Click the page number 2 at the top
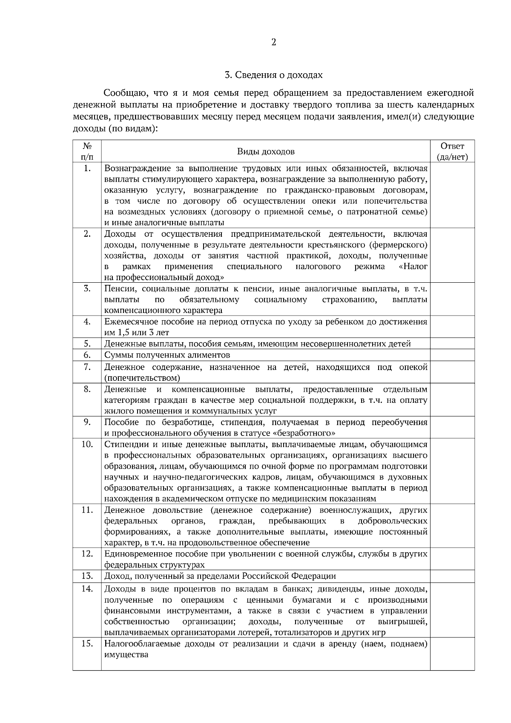pyautogui.click(x=273, y=42)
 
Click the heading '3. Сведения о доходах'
pyautogui.click(x=273, y=75)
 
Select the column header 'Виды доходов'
pyautogui.click(x=266, y=152)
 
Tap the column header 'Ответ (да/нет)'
pyautogui.click(x=452, y=152)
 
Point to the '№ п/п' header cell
pyautogui.click(x=87, y=152)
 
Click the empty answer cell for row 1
pyautogui.click(x=452, y=195)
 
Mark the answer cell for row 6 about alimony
pyautogui.click(x=452, y=355)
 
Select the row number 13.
pyautogui.click(x=87, y=576)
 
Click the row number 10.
pyautogui.click(x=87, y=445)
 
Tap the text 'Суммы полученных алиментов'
pyautogui.click(x=167, y=355)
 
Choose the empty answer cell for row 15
pyautogui.click(x=452, y=654)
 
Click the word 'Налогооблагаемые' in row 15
pyautogui.click(x=142, y=643)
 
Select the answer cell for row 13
pyautogui.click(x=452, y=576)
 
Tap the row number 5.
pyautogui.click(x=87, y=344)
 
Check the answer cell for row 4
pyautogui.click(x=452, y=327)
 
